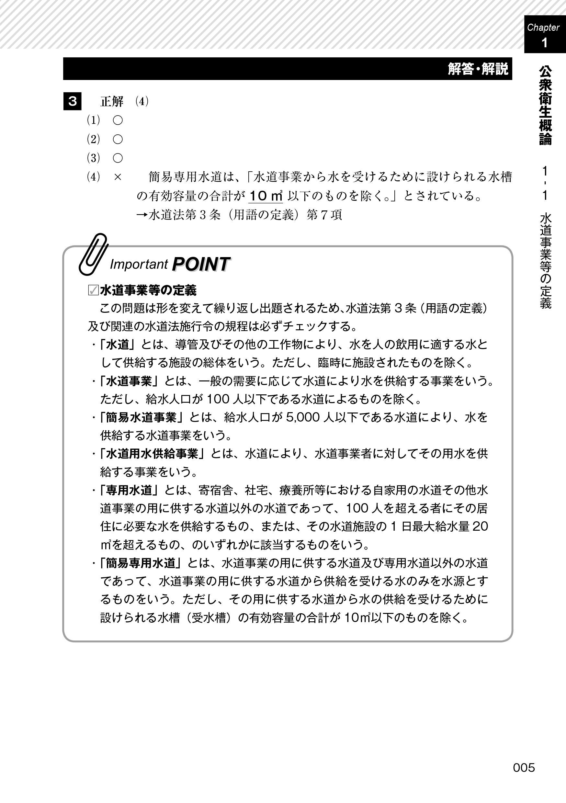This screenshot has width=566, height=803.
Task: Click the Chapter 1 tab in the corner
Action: (x=544, y=35)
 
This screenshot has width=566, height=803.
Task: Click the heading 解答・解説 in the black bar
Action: (x=478, y=69)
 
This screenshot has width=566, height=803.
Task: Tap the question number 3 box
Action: (x=73, y=101)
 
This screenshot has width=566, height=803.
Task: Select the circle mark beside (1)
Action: (x=118, y=121)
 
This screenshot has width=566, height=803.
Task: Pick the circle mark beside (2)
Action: (x=118, y=140)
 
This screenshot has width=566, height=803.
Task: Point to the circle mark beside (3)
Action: (x=118, y=158)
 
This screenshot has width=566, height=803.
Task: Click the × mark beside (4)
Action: (x=118, y=177)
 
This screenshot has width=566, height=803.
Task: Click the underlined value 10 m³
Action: (x=265, y=196)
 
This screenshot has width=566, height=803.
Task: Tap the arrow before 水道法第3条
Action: (x=142, y=215)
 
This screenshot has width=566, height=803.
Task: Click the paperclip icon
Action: (x=93, y=254)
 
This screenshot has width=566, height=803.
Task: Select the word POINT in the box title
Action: (x=201, y=264)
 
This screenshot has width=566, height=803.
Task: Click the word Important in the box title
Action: (x=139, y=265)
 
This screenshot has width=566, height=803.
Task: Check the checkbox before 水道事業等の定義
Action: (x=93, y=290)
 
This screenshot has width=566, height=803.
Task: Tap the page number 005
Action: (x=524, y=768)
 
